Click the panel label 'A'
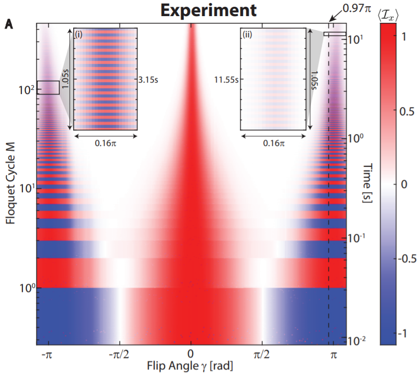tap(8, 24)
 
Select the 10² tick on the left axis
tap(25, 89)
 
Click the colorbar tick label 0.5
tap(409, 111)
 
